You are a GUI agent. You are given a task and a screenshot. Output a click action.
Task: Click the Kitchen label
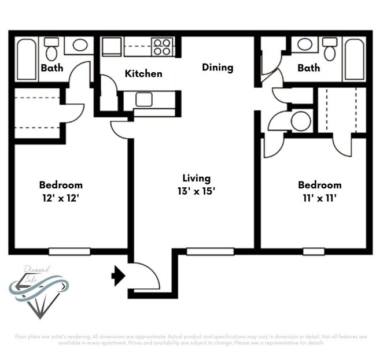(x=143, y=73)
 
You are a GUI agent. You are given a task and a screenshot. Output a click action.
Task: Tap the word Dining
(x=218, y=68)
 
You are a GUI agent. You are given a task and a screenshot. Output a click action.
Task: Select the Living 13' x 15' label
(x=197, y=184)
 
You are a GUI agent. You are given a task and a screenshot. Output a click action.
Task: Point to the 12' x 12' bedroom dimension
(x=61, y=198)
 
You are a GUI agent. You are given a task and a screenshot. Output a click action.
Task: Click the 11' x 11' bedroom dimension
(x=319, y=198)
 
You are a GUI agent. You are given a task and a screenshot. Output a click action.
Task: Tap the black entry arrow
(x=119, y=276)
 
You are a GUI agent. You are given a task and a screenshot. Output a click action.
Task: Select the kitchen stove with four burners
(x=162, y=46)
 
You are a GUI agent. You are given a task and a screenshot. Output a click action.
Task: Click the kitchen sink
(x=144, y=99)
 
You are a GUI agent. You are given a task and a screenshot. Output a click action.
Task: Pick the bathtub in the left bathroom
(x=26, y=59)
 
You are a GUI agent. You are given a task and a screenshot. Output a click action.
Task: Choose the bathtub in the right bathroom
(x=353, y=59)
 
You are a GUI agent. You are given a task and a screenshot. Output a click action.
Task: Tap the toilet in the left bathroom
(x=52, y=49)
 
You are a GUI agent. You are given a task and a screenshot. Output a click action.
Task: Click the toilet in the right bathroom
(x=329, y=49)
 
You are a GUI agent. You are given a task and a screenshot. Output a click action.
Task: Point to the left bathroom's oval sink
(x=79, y=45)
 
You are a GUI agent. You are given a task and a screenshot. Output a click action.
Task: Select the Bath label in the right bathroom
(x=308, y=68)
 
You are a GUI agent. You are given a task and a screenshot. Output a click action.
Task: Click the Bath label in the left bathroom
(x=52, y=68)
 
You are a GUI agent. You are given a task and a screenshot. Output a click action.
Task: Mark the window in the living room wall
(x=210, y=251)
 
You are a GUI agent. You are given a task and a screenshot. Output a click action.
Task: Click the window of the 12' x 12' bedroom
(x=69, y=251)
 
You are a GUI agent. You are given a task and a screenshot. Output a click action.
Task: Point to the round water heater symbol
(x=300, y=121)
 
